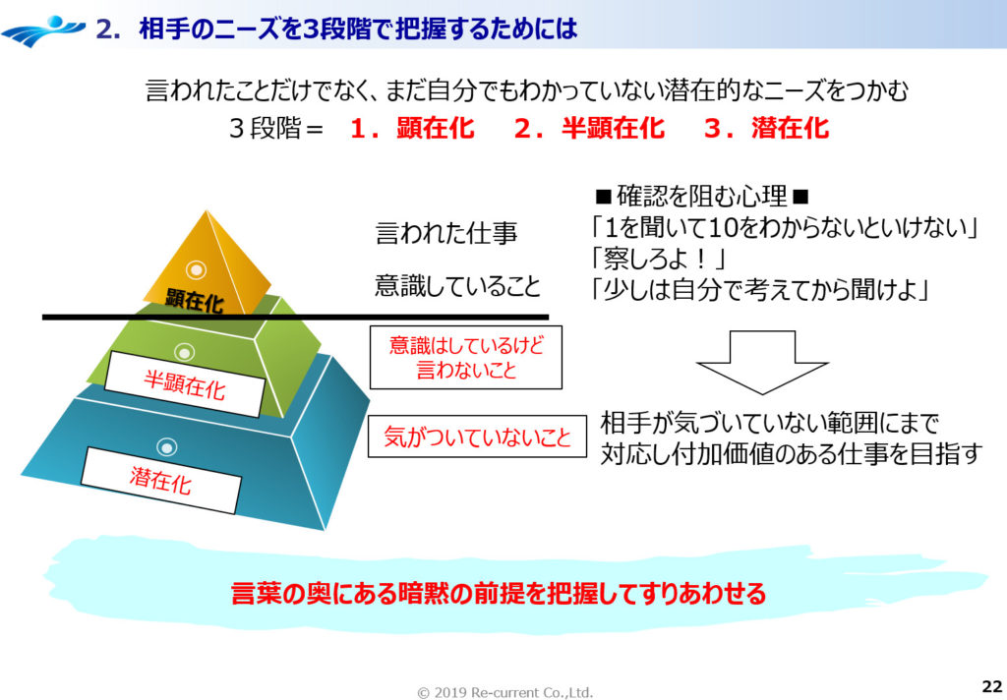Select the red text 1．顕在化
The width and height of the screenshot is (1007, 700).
pyautogui.click(x=412, y=128)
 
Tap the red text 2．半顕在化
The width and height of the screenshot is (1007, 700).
pyautogui.click(x=588, y=128)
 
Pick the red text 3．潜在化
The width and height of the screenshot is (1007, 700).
pyautogui.click(x=766, y=128)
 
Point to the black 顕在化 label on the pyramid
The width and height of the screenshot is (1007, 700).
pyautogui.click(x=195, y=301)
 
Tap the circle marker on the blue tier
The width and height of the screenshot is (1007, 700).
pyautogui.click(x=168, y=447)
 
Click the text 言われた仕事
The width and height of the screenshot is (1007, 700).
pyautogui.click(x=446, y=233)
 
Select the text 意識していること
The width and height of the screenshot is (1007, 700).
pyautogui.click(x=457, y=286)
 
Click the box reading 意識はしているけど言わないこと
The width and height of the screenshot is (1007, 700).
pyautogui.click(x=466, y=357)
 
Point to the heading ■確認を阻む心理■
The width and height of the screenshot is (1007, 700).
pyautogui.click(x=700, y=194)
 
